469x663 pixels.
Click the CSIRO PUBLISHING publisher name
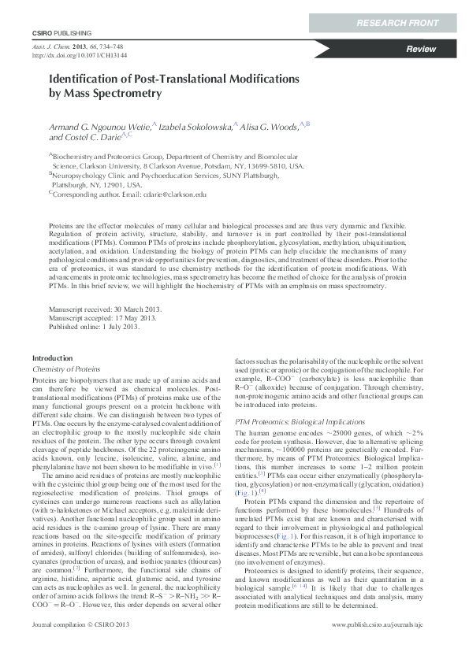61,34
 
